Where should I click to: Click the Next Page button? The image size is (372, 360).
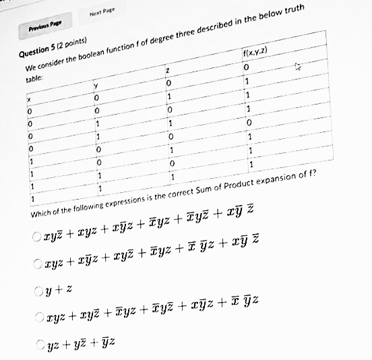[98, 14]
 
